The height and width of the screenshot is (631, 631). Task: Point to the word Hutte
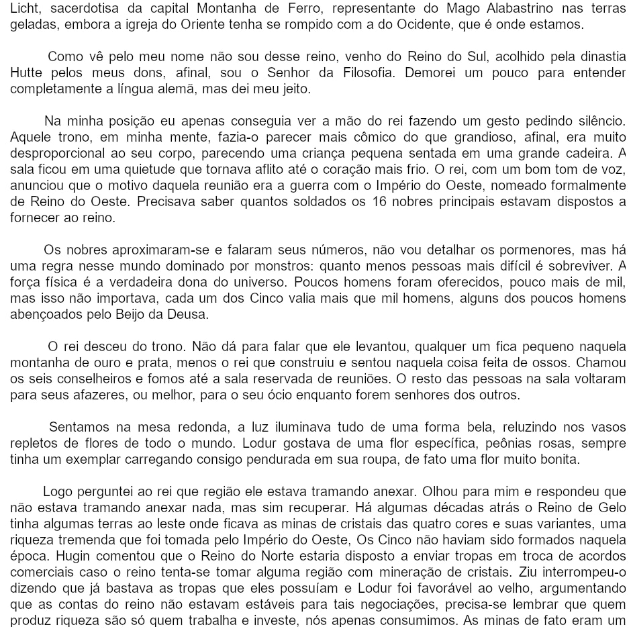click(x=26, y=72)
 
